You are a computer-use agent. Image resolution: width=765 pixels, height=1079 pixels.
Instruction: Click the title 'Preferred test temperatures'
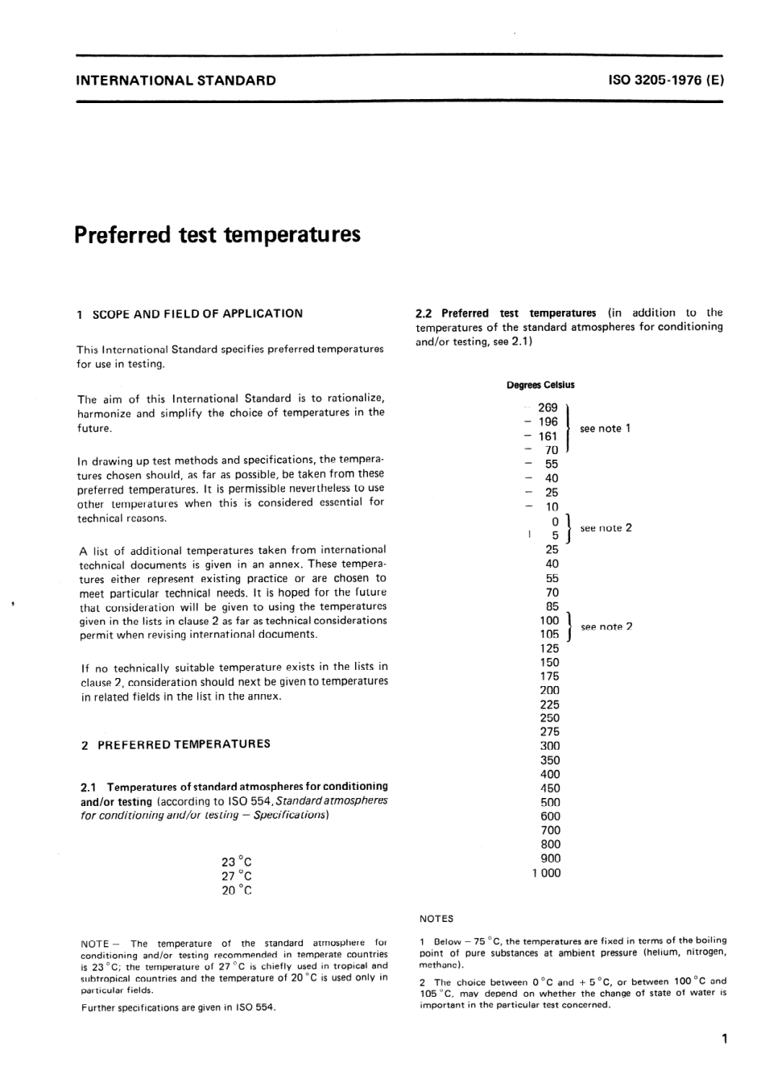click(217, 235)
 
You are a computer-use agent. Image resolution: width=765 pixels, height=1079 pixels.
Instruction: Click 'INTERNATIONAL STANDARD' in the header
click(176, 81)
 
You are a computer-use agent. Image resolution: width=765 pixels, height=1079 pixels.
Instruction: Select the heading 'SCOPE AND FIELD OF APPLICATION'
click(197, 313)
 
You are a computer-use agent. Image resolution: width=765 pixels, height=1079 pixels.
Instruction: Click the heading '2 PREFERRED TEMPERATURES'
click(176, 744)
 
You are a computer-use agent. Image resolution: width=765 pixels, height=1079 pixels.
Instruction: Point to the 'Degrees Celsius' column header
click(540, 385)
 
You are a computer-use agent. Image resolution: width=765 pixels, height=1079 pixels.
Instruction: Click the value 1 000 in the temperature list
click(546, 873)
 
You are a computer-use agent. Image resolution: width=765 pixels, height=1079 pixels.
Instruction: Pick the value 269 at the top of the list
click(548, 408)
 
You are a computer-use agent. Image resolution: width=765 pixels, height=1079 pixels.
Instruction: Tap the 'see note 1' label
click(605, 428)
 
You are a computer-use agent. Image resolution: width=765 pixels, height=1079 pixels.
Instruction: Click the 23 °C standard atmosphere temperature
click(237, 862)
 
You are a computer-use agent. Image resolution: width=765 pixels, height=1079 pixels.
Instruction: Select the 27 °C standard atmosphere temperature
click(237, 876)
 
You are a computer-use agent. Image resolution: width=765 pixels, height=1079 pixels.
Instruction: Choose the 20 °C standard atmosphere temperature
click(237, 891)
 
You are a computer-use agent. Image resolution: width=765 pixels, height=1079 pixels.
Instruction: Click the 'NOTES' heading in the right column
click(436, 919)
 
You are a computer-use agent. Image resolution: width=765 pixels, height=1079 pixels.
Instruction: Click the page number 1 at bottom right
click(725, 1039)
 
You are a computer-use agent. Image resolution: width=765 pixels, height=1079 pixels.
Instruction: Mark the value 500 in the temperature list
click(550, 802)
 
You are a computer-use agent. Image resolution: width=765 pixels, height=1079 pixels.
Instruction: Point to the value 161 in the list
click(548, 436)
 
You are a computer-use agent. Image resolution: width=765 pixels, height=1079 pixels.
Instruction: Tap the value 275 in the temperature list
click(550, 732)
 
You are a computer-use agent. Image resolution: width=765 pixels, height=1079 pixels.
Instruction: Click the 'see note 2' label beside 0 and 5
click(606, 528)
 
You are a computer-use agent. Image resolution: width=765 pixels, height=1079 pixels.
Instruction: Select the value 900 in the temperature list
click(550, 858)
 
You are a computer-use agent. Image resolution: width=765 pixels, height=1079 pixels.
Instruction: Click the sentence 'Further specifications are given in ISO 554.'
click(179, 1007)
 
